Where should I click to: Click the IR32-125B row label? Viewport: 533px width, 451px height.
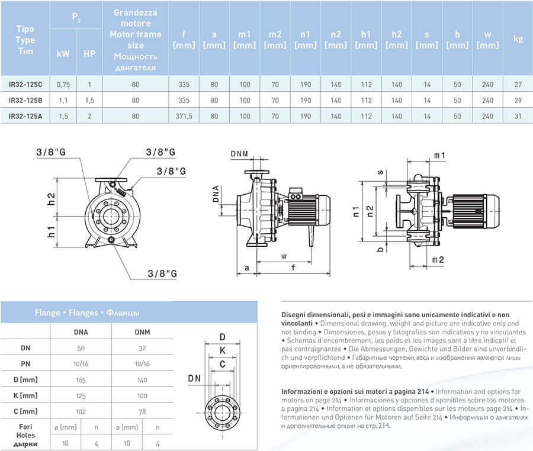point(25,100)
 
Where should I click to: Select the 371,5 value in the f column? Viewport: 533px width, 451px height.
point(184,115)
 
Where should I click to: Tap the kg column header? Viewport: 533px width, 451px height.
point(518,40)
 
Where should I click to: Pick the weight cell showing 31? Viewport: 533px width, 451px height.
point(518,115)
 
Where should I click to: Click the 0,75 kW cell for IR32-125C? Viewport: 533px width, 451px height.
point(63,84)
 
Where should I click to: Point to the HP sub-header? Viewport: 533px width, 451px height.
point(89,53)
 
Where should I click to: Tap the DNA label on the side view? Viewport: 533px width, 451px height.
point(216,195)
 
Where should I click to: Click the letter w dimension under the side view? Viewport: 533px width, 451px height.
point(284,256)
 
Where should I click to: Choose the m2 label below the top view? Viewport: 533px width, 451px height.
point(438,260)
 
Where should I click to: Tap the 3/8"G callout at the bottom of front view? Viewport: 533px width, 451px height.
point(162,273)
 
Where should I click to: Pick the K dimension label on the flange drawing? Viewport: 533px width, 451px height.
point(221,350)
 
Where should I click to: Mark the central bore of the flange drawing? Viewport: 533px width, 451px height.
point(222,408)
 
